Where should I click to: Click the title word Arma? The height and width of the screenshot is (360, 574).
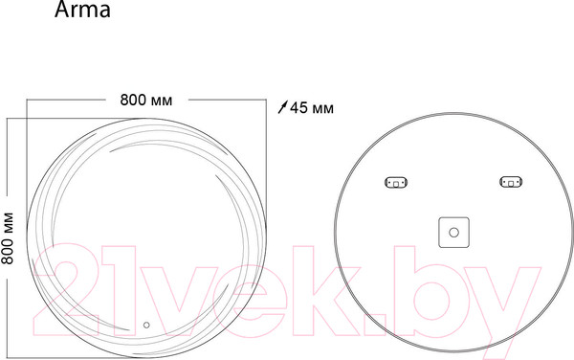click(82, 10)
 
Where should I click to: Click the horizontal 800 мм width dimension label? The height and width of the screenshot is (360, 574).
click(146, 100)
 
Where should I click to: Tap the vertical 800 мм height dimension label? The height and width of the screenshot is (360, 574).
click(8, 238)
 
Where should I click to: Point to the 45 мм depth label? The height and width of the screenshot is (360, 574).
click(312, 108)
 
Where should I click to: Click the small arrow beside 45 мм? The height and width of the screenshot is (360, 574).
click(283, 107)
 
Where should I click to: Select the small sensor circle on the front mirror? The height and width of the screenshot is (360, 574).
click(146, 325)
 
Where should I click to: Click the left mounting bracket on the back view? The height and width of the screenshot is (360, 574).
click(396, 182)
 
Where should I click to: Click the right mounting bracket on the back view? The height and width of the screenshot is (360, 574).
click(511, 182)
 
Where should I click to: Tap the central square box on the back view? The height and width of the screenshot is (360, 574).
click(453, 233)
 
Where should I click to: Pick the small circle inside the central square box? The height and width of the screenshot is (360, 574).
click(453, 233)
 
